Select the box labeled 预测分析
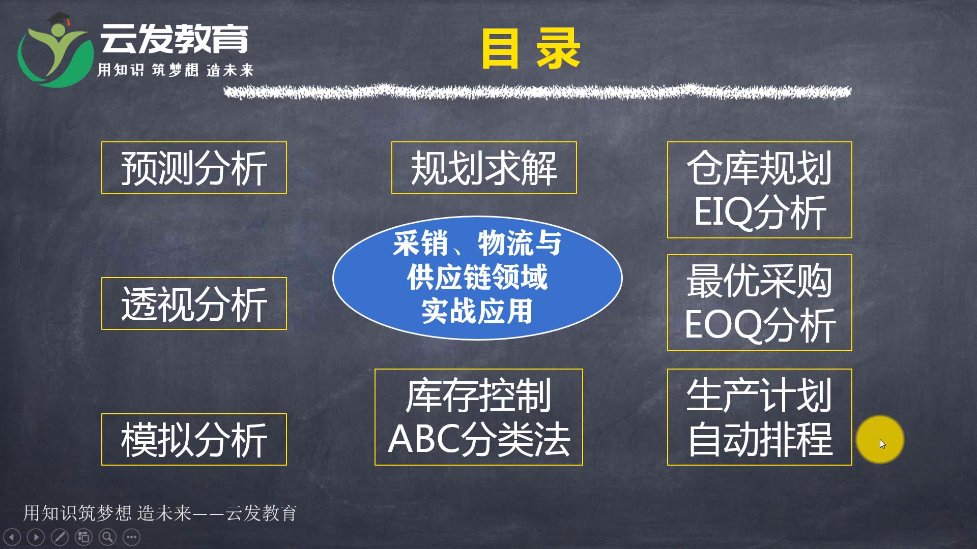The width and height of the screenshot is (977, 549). pyautogui.click(x=194, y=168)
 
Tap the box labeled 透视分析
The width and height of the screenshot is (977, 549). pyautogui.click(x=194, y=303)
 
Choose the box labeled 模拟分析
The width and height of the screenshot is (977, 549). pyautogui.click(x=194, y=439)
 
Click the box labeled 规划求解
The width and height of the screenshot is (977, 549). pyautogui.click(x=484, y=168)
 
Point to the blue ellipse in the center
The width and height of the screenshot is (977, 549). pyautogui.click(x=477, y=278)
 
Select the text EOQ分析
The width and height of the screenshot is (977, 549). pyautogui.click(x=760, y=325)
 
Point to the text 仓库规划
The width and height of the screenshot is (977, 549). pyautogui.click(x=760, y=168)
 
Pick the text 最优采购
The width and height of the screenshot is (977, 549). pyautogui.click(x=760, y=281)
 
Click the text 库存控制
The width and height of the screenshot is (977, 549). pyautogui.click(x=479, y=395)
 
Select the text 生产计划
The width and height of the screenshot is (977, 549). pyautogui.click(x=760, y=395)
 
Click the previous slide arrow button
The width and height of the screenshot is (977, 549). pyautogui.click(x=12, y=537)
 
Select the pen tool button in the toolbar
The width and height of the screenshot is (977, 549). pyautogui.click(x=60, y=537)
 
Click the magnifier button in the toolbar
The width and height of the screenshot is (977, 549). pyautogui.click(x=107, y=537)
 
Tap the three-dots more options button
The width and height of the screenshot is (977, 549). pyautogui.click(x=131, y=537)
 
